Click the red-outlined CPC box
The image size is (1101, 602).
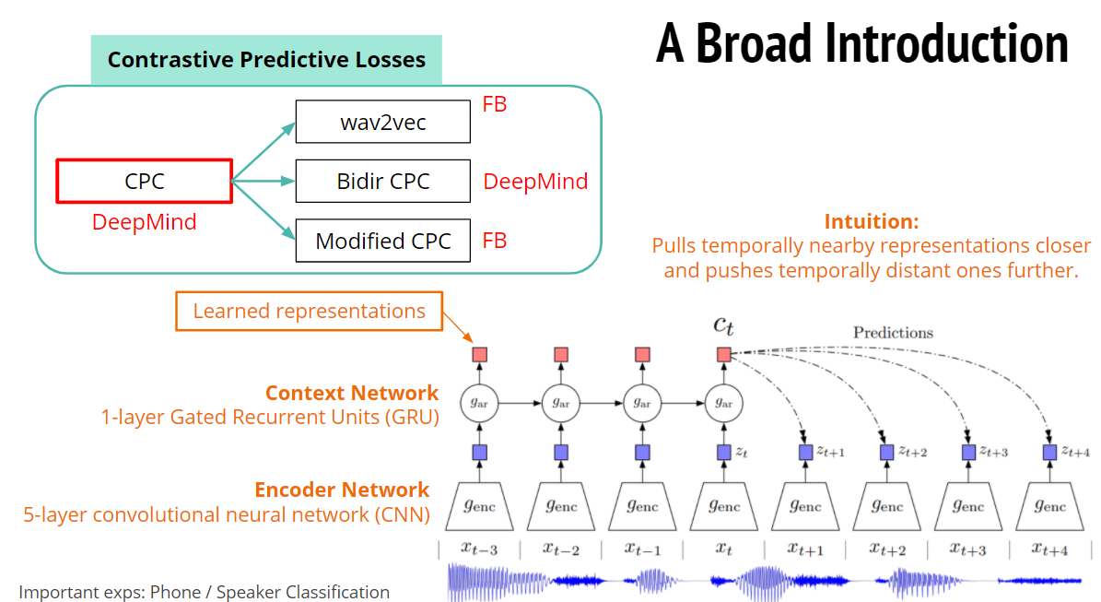(144, 181)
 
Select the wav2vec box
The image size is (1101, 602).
(382, 122)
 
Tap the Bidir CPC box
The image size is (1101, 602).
(382, 181)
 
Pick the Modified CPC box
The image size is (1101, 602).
(382, 241)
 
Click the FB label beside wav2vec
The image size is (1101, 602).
(495, 104)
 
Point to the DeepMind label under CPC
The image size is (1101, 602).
(144, 222)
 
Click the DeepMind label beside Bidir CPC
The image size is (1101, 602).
(535, 182)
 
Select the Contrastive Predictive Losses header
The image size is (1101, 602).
(266, 60)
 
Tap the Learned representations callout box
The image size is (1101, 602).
(309, 311)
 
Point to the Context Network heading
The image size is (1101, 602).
(352, 393)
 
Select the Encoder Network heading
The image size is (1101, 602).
(342, 490)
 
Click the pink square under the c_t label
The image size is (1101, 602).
(723, 354)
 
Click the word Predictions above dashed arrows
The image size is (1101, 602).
(892, 333)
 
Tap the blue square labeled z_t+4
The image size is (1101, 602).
(1049, 453)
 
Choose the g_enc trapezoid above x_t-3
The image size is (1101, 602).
(480, 504)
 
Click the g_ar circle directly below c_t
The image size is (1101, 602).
(723, 403)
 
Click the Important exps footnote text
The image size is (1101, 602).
(205, 592)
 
